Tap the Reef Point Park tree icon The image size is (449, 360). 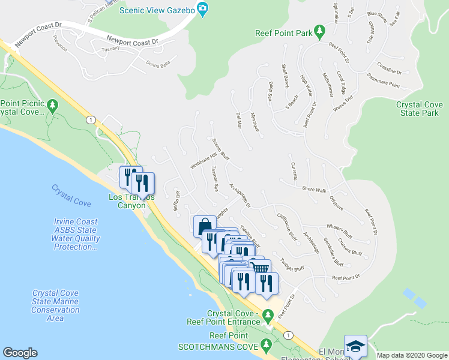coord(320,29)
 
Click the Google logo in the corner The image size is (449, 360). coord(20,353)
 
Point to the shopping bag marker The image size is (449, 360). coord(203,226)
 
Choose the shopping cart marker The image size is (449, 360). coord(259,267)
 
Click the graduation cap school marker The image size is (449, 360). coord(355,346)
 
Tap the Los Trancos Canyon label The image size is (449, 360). coord(131,201)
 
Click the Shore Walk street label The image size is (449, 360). coord(314,190)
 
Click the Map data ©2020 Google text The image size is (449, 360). coord(412,355)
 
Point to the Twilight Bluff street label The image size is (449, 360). coord(292,264)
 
